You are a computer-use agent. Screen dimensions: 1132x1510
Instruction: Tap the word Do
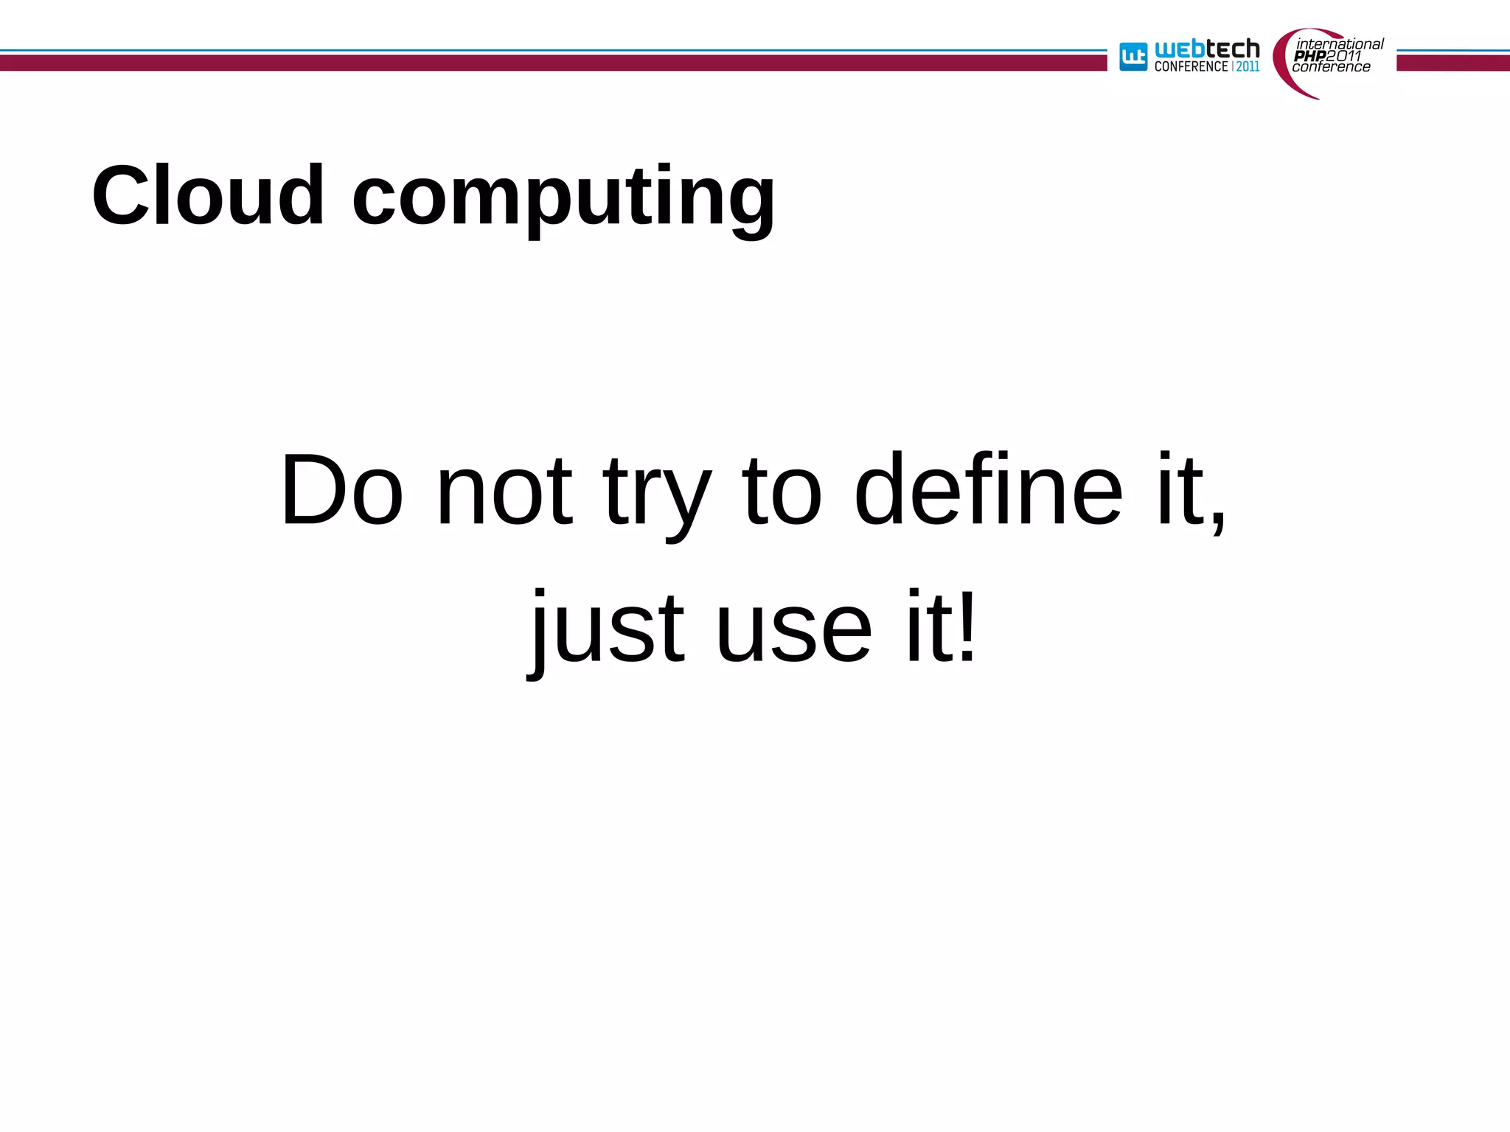[x=342, y=489]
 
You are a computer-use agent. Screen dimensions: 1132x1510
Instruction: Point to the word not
[x=504, y=491]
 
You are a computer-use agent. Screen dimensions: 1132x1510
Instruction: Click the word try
[x=657, y=494]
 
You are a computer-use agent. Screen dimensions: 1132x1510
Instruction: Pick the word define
[x=988, y=489]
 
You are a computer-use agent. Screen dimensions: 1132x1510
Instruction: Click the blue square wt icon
[x=1133, y=57]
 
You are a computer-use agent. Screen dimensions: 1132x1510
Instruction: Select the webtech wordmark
[x=1207, y=49]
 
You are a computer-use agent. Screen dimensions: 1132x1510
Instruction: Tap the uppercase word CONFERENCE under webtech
[x=1191, y=66]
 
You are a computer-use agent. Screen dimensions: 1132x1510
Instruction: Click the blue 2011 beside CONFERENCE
[x=1248, y=66]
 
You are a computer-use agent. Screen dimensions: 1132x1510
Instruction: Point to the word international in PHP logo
[x=1340, y=44]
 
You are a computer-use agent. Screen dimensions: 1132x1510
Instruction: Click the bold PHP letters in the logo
[x=1309, y=56]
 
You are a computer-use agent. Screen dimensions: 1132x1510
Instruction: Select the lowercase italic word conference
[x=1331, y=67]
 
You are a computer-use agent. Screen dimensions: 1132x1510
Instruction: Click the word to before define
[x=782, y=491]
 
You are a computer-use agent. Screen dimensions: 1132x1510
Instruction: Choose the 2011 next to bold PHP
[x=1343, y=56]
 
